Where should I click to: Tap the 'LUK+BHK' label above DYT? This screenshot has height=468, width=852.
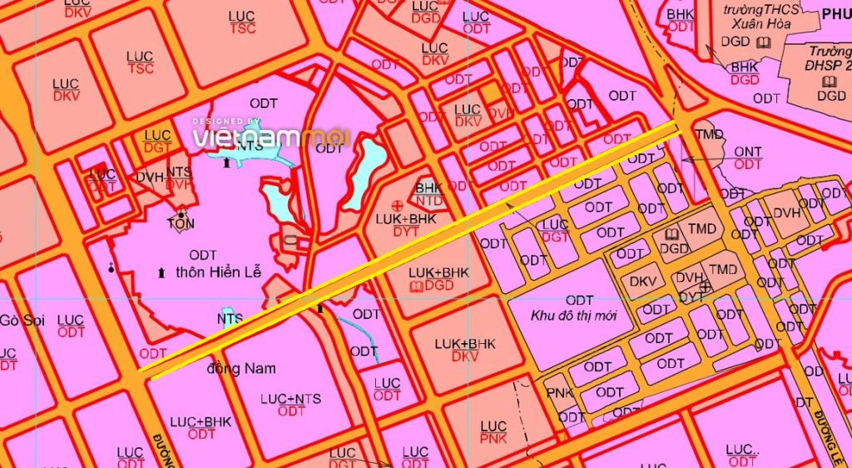point(405,219)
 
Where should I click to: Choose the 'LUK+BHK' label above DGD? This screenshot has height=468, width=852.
point(439,272)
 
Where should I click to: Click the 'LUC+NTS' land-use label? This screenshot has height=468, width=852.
point(291,397)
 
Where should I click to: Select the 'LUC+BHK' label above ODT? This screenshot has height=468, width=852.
point(202,421)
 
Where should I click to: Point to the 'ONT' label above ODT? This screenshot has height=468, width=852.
point(748,151)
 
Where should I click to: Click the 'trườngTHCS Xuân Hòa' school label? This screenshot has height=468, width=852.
point(760,17)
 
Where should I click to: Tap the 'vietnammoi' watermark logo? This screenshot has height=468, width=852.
point(271,136)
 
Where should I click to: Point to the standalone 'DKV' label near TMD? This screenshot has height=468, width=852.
point(642,281)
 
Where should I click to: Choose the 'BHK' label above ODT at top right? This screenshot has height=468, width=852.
point(681,14)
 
